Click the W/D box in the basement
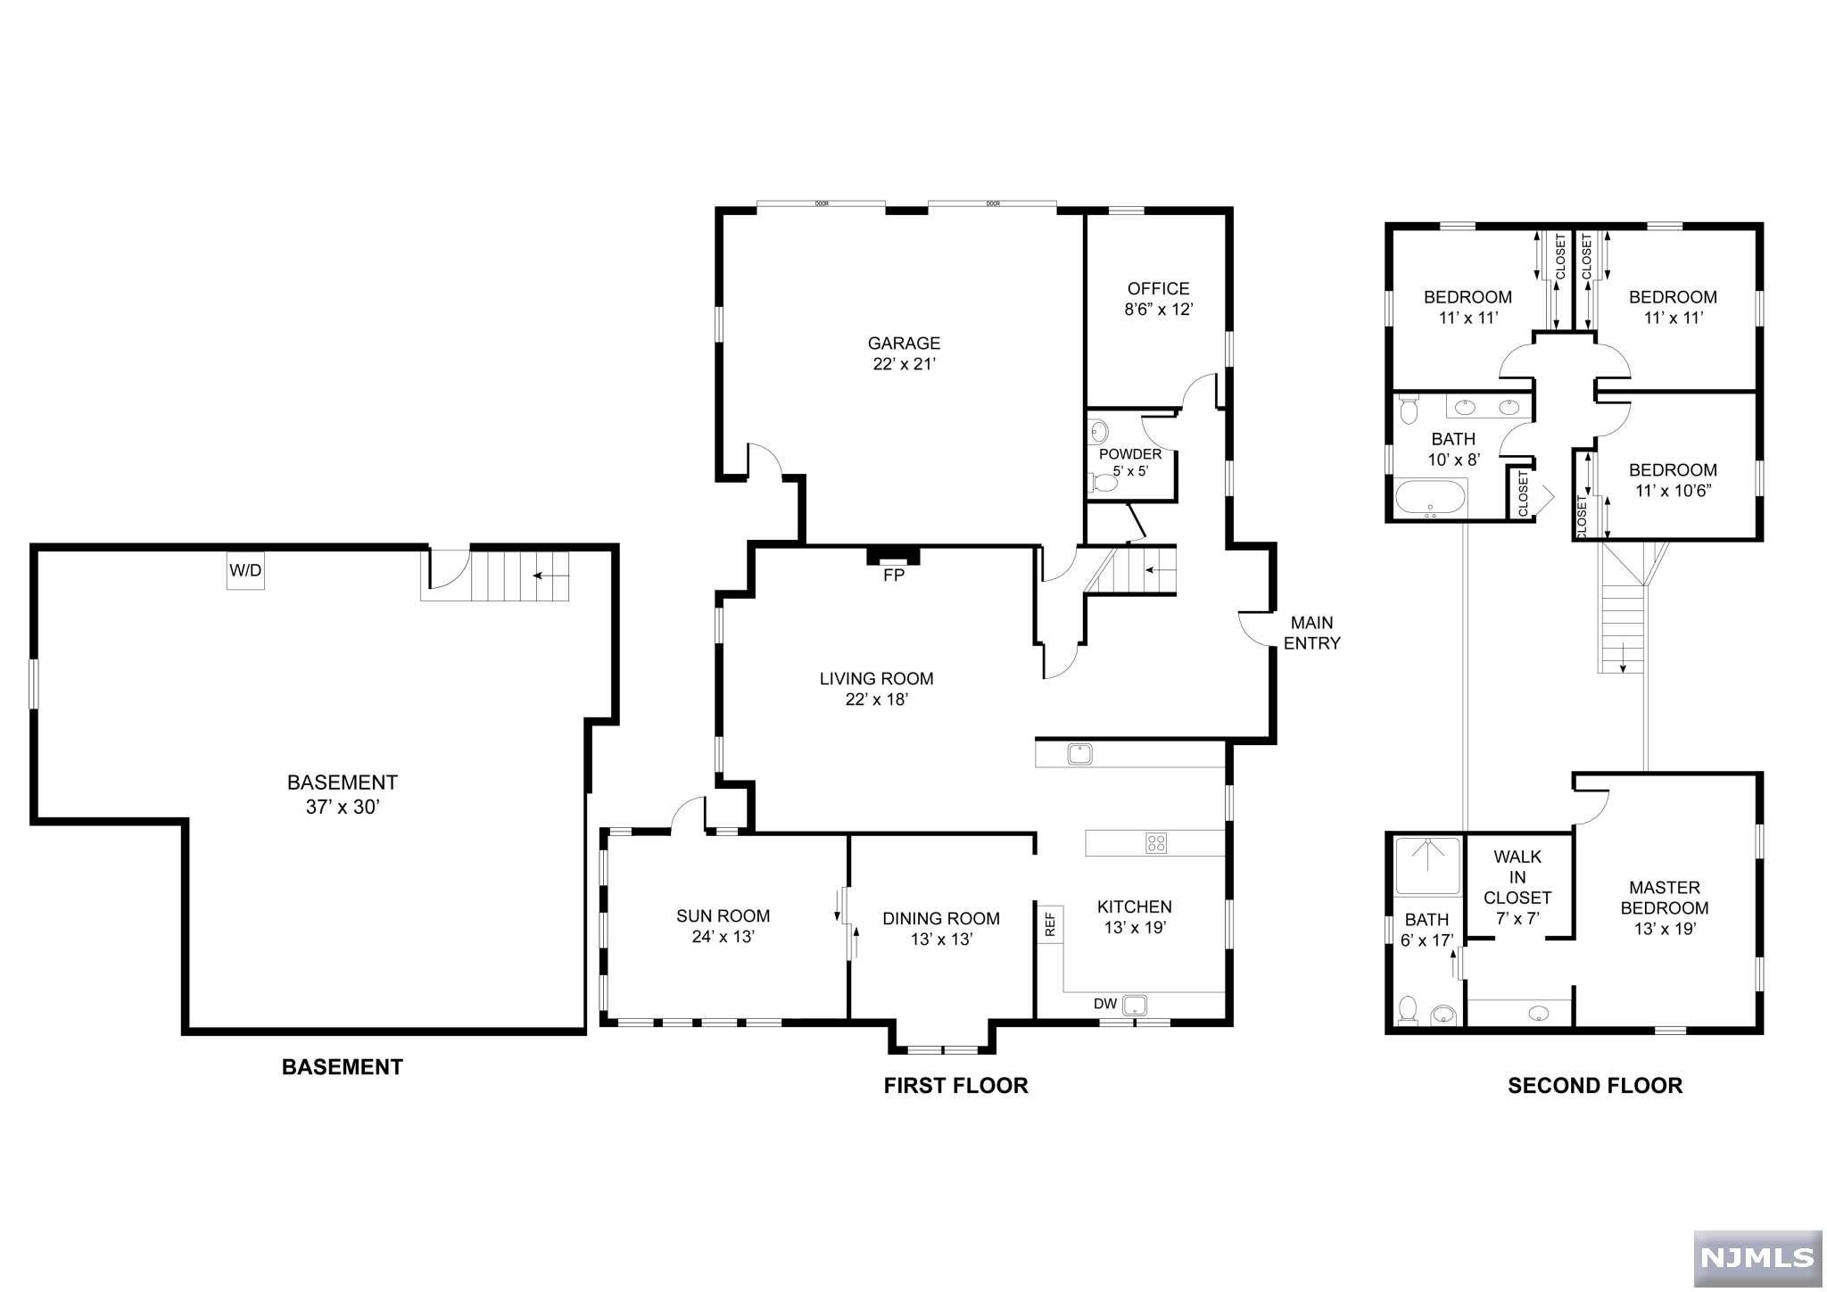point(245,570)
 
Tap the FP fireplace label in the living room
point(894,576)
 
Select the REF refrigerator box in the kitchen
point(1050,923)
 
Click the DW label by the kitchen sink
point(1105,1004)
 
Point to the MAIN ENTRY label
point(1312,633)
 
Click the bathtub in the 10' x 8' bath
point(1430,498)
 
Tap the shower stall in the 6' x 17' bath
point(1428,865)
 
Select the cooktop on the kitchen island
point(1156,842)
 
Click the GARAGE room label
point(904,343)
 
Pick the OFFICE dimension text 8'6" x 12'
point(1158,310)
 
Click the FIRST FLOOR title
point(955,1085)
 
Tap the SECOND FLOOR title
point(1595,1085)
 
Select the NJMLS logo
point(1745,1257)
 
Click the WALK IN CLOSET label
point(1517,877)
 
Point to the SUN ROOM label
point(723,915)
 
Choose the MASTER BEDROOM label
point(1665,898)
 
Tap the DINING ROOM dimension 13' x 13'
point(941,940)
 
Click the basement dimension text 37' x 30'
point(343,807)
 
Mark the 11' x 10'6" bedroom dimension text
point(1673,491)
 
